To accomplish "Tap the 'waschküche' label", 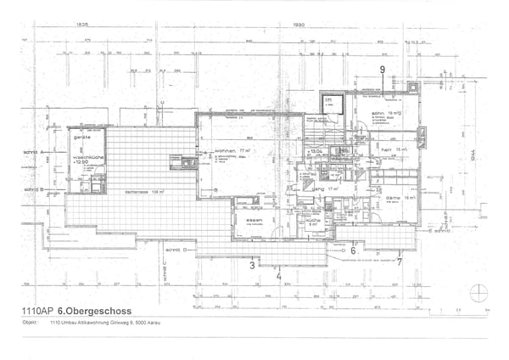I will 86,157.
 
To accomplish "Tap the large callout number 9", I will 383,70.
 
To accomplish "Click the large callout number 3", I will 252,265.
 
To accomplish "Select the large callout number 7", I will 399,262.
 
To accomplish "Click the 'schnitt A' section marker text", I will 34,152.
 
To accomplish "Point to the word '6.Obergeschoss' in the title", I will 88,312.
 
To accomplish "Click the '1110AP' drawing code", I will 36,312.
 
